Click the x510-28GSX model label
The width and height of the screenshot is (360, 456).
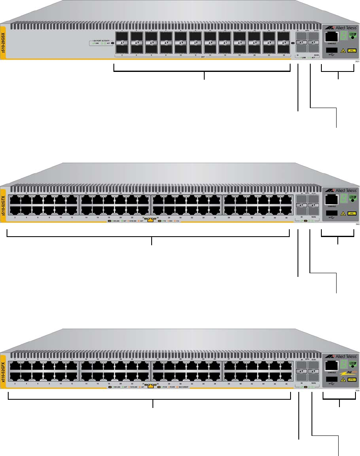3,43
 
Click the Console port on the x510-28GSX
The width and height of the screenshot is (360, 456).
331,37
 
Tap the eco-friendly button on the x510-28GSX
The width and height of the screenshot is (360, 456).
352,36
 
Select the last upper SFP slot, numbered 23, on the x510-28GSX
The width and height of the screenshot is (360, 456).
284,35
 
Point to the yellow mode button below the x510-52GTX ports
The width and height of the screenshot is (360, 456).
150,221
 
